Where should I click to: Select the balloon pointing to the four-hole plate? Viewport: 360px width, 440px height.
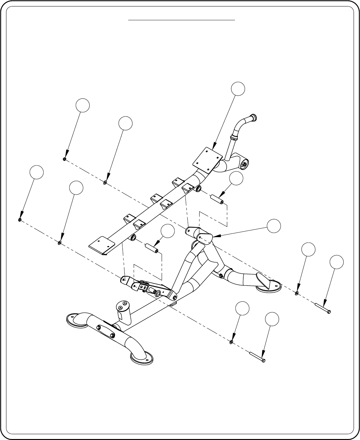click(x=238, y=88)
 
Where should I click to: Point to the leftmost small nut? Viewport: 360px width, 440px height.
click(x=20, y=220)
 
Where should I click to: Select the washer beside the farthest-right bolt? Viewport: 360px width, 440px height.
click(x=296, y=293)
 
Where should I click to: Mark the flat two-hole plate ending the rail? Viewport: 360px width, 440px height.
click(x=102, y=245)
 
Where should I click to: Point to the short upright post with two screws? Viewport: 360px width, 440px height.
click(x=123, y=311)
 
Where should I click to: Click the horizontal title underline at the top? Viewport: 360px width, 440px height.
click(x=182, y=20)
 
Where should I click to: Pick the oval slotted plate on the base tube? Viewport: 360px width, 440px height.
click(x=105, y=329)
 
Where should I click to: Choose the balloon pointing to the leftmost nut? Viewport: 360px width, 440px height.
click(x=36, y=172)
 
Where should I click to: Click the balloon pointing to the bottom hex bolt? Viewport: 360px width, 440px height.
click(x=272, y=319)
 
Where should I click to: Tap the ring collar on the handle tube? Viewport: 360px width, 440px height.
click(x=234, y=138)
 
